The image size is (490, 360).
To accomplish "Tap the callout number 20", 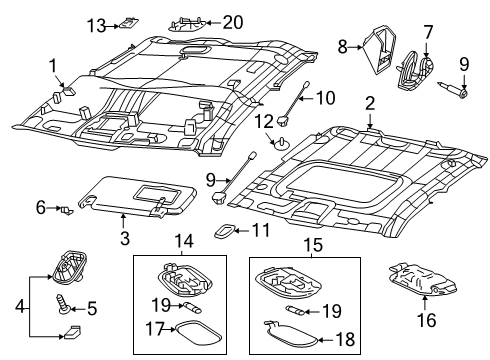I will click(233, 21).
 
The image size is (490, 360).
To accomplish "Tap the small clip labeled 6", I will click(65, 210).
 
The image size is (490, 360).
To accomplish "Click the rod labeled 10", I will click(297, 103).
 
